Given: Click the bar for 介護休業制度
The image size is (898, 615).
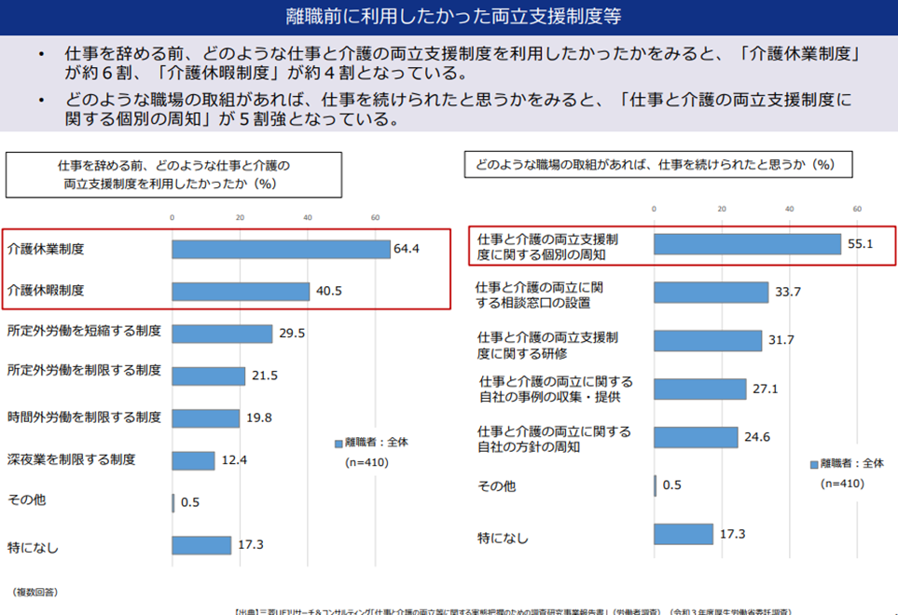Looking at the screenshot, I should pos(280,250).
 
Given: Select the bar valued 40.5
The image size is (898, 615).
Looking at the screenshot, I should pos(240,292).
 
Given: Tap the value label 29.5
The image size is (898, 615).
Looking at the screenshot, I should pos(291,334).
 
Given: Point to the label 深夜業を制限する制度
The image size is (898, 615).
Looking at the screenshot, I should pos(72,459).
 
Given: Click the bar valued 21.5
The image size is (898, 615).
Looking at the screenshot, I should pos(208,376).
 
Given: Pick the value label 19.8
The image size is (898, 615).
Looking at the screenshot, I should pos(258,417).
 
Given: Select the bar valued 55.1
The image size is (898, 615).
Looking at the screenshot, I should pos(747,244).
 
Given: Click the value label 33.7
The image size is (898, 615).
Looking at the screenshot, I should pos(788,293).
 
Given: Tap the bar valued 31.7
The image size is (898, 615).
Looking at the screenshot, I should pos(708,341).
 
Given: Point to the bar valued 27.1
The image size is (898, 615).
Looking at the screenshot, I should pos(699,389).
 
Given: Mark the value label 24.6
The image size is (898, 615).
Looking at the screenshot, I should pos(757,437).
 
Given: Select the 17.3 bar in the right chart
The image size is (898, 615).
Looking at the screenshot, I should pos(683,534).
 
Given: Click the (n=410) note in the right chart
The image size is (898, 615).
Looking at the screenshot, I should pos(842,484).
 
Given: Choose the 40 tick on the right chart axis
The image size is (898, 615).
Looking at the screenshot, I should pos(789,208).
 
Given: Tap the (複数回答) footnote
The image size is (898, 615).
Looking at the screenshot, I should pos(35,592).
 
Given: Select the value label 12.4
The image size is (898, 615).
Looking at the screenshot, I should pos(234,459).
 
